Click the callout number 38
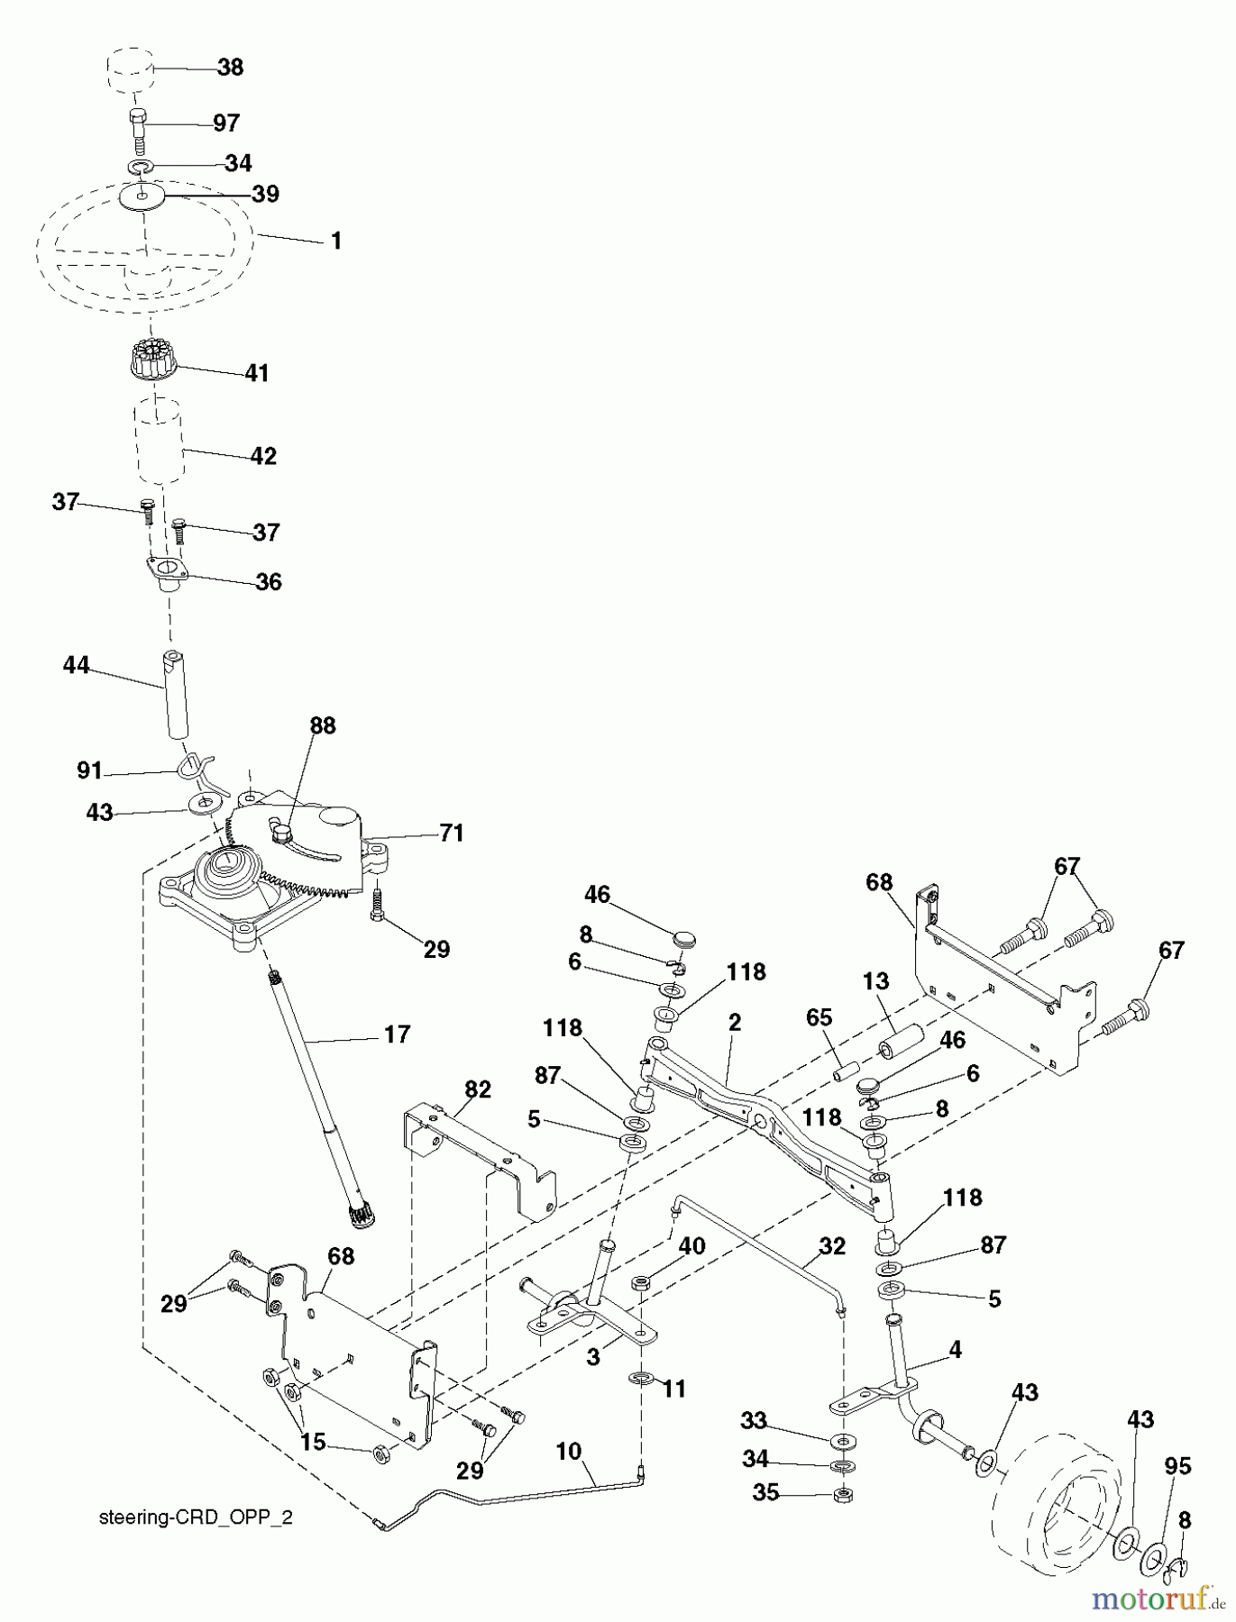pos(230,68)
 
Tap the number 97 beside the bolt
pos(226,122)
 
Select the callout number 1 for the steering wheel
pos(335,241)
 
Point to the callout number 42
pos(263,456)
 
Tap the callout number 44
pos(77,666)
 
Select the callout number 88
pos(322,725)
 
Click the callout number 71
pos(451,834)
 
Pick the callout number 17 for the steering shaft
pos(397,1034)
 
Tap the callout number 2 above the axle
pos(734,1023)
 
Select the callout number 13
pos(875,981)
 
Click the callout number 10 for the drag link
pos(568,1452)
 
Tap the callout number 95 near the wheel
pos(1177,1466)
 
